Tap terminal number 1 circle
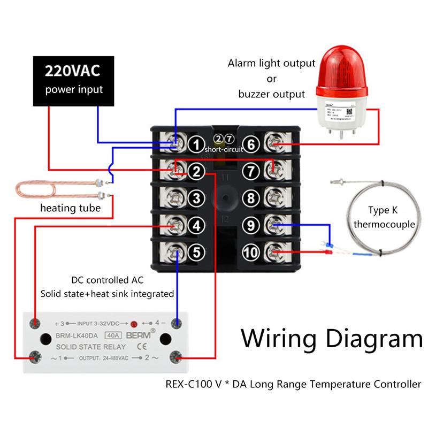point(196,144)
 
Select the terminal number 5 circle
point(196,251)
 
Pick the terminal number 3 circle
point(196,198)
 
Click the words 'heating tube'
point(71,208)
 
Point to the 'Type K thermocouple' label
point(384,217)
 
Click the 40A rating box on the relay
point(112,336)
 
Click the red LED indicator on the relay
point(134,324)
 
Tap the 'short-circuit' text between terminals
point(224,150)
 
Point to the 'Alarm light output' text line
point(271,63)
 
